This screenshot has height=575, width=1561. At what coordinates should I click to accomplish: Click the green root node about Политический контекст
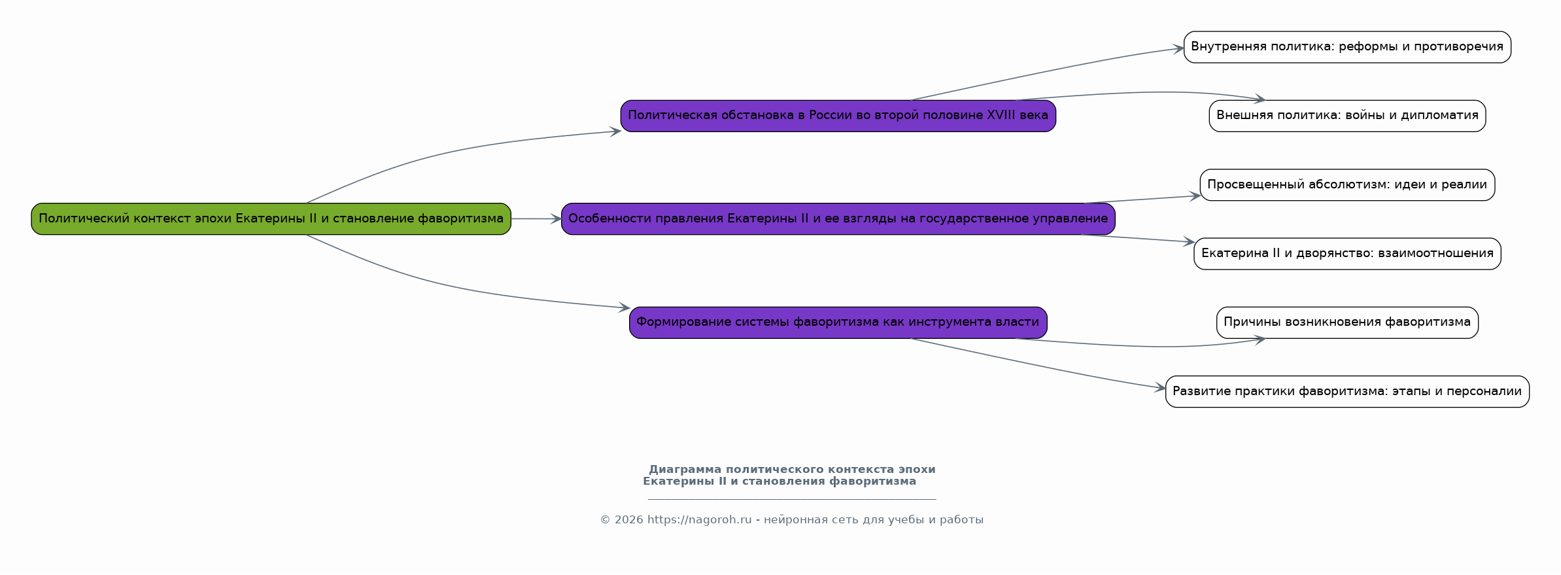(x=271, y=218)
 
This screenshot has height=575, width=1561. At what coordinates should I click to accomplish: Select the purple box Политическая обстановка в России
(x=838, y=116)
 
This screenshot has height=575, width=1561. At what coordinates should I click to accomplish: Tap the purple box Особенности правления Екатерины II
(x=838, y=218)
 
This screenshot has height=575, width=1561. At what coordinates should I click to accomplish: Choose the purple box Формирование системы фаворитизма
(x=838, y=322)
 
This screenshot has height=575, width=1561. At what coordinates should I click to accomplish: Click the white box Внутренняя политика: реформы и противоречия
(x=1347, y=47)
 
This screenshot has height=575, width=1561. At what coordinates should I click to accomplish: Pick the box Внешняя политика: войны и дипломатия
(x=1347, y=116)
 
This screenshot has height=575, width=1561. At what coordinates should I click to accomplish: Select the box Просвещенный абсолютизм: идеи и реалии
(x=1347, y=184)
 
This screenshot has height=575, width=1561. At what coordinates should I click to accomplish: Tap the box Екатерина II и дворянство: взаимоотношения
(x=1347, y=254)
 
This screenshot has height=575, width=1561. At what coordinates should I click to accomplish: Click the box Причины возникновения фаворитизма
(x=1347, y=322)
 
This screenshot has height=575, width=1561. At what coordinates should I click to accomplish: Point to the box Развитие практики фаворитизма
(x=1347, y=391)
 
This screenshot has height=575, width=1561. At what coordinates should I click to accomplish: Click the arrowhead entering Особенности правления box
(x=556, y=219)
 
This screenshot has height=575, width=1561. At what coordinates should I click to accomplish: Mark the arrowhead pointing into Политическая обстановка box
(x=615, y=131)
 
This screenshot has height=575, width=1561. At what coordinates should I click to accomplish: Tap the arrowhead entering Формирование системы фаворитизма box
(x=625, y=307)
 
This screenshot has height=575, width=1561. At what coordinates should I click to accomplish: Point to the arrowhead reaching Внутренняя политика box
(x=1178, y=48)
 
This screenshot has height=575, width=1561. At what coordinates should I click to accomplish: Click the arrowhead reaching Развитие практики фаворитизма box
(x=1160, y=388)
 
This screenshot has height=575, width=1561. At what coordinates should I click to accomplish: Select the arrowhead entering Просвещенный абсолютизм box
(x=1195, y=196)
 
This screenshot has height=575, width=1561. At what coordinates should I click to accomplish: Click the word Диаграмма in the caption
(x=685, y=470)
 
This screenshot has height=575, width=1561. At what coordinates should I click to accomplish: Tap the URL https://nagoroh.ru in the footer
(x=699, y=520)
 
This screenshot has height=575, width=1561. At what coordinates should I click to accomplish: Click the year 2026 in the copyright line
(x=628, y=520)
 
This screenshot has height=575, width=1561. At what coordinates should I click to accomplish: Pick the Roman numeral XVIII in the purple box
(x=1004, y=115)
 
